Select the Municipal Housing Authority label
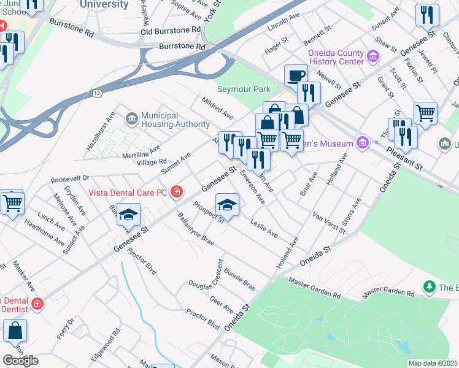tap(175, 120)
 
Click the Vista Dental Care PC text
tap(128, 193)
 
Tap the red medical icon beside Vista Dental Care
tap(177, 193)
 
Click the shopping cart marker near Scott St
tap(425, 113)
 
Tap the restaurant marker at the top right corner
tap(427, 15)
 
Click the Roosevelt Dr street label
tap(70, 179)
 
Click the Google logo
tap(20, 361)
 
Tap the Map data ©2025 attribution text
tap(433, 363)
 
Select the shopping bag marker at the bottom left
tap(15, 331)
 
